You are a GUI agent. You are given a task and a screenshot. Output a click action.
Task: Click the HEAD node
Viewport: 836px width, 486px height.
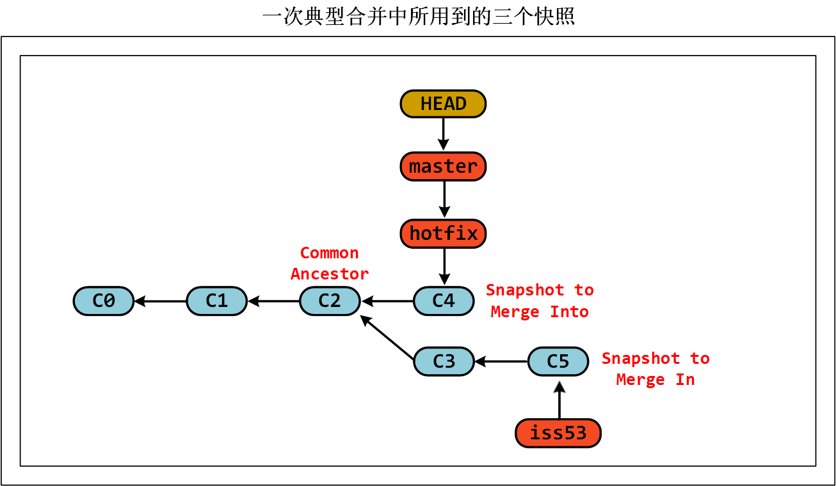[x=443, y=104]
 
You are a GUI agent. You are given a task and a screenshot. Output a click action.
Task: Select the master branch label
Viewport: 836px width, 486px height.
[x=443, y=166]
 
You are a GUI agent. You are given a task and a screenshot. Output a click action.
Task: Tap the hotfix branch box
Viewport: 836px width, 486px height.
[x=443, y=233]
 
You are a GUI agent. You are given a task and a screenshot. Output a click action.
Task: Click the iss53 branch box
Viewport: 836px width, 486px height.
[x=558, y=433]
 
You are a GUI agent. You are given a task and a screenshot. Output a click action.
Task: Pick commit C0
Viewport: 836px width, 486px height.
[x=104, y=301]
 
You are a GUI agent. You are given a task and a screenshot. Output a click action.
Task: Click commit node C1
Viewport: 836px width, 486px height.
[x=217, y=301]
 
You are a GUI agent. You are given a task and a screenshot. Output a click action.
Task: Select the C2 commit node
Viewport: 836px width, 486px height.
[x=330, y=301]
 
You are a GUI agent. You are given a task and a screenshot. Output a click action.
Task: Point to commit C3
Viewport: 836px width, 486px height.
[x=444, y=361]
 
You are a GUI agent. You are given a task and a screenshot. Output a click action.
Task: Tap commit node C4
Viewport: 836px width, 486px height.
[x=444, y=301]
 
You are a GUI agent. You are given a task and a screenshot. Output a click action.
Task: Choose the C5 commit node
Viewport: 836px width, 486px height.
[x=558, y=361]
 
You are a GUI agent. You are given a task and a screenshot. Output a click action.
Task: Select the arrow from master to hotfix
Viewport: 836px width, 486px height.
[x=444, y=199]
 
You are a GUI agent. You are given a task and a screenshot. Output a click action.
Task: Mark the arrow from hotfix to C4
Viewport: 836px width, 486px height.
[x=444, y=266]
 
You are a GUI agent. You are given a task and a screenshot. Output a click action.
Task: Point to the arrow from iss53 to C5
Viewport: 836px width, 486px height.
[x=559, y=400]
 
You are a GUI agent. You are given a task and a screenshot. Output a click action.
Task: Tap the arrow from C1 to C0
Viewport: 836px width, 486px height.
[x=160, y=301]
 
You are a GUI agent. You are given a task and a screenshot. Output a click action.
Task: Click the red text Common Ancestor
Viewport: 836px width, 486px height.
[x=330, y=263]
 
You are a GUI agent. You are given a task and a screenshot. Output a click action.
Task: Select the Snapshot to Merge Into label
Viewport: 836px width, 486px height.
[x=540, y=301]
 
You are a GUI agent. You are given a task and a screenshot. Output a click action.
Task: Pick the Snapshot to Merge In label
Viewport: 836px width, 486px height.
[x=655, y=368]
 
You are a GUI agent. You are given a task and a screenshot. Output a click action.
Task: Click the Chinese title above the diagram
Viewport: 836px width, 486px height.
[x=418, y=17]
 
